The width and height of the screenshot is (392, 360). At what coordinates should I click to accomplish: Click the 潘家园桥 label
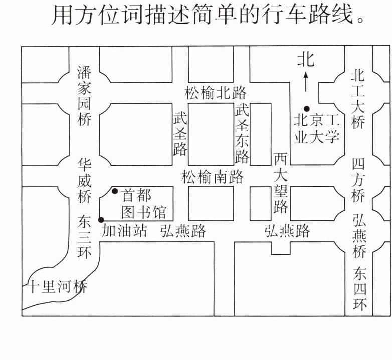[x=84, y=95]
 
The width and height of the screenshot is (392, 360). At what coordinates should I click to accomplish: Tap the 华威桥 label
[x=84, y=181]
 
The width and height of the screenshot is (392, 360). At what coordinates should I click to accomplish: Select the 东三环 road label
[x=84, y=236]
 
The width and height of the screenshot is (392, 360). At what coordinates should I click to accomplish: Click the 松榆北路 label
[x=216, y=93]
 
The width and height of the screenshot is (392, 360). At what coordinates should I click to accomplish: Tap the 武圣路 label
[x=180, y=134]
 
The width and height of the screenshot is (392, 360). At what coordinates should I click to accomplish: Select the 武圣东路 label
[x=243, y=134]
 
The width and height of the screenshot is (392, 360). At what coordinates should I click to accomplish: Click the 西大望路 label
[x=280, y=183]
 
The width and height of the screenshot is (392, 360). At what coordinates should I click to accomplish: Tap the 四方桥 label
[x=358, y=181]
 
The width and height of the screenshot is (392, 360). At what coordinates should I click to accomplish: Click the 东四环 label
[x=359, y=289]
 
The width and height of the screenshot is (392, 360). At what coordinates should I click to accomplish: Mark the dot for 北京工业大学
[x=306, y=108]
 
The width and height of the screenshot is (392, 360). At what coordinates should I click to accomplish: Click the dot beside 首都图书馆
[x=115, y=191]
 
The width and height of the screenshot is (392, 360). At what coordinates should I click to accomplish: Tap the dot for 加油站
[x=101, y=219]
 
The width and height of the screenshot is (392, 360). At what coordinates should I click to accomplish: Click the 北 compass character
[x=305, y=60]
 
